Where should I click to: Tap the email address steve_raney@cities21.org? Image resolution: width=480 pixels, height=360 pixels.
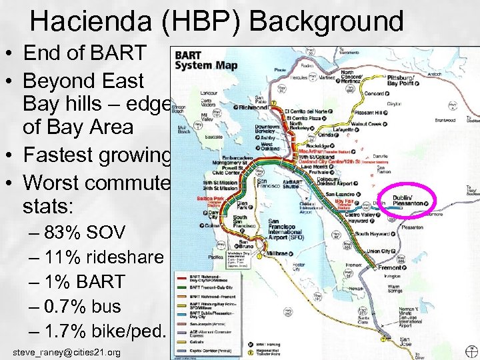(x=67, y=352)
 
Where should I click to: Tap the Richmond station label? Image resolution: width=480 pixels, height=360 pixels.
(x=253, y=107)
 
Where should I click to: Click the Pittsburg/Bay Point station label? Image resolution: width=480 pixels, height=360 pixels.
(x=401, y=81)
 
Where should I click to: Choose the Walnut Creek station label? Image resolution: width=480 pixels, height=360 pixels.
(x=367, y=123)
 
